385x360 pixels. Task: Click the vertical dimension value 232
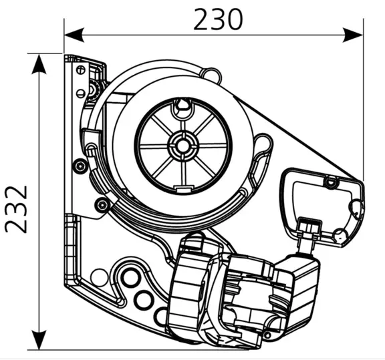(x=18, y=208)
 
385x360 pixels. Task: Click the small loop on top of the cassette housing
(x=213, y=71)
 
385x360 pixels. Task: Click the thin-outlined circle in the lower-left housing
(x=99, y=275)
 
